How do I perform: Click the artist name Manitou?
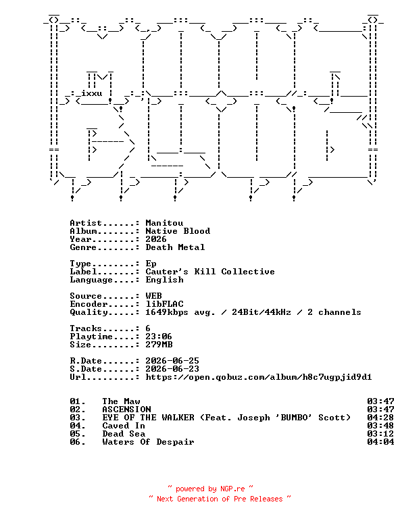(164, 223)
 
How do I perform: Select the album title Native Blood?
(178, 231)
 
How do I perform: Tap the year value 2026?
(156, 239)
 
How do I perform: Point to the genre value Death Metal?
(175, 247)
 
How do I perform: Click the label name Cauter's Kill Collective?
(210, 272)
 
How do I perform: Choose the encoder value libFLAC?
(164, 304)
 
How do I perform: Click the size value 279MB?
(159, 345)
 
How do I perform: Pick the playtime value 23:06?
(159, 337)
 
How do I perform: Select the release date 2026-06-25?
(172, 360)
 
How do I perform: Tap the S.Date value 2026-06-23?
(172, 369)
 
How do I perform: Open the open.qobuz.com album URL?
(258, 377)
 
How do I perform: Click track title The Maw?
(121, 401)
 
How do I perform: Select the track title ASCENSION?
(126, 410)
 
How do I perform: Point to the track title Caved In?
(124, 426)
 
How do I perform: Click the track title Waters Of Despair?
(148, 442)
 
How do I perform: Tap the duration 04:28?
(380, 418)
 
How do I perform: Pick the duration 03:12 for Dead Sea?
(380, 434)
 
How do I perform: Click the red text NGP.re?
(232, 489)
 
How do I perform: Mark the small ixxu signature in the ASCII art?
(92, 93)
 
